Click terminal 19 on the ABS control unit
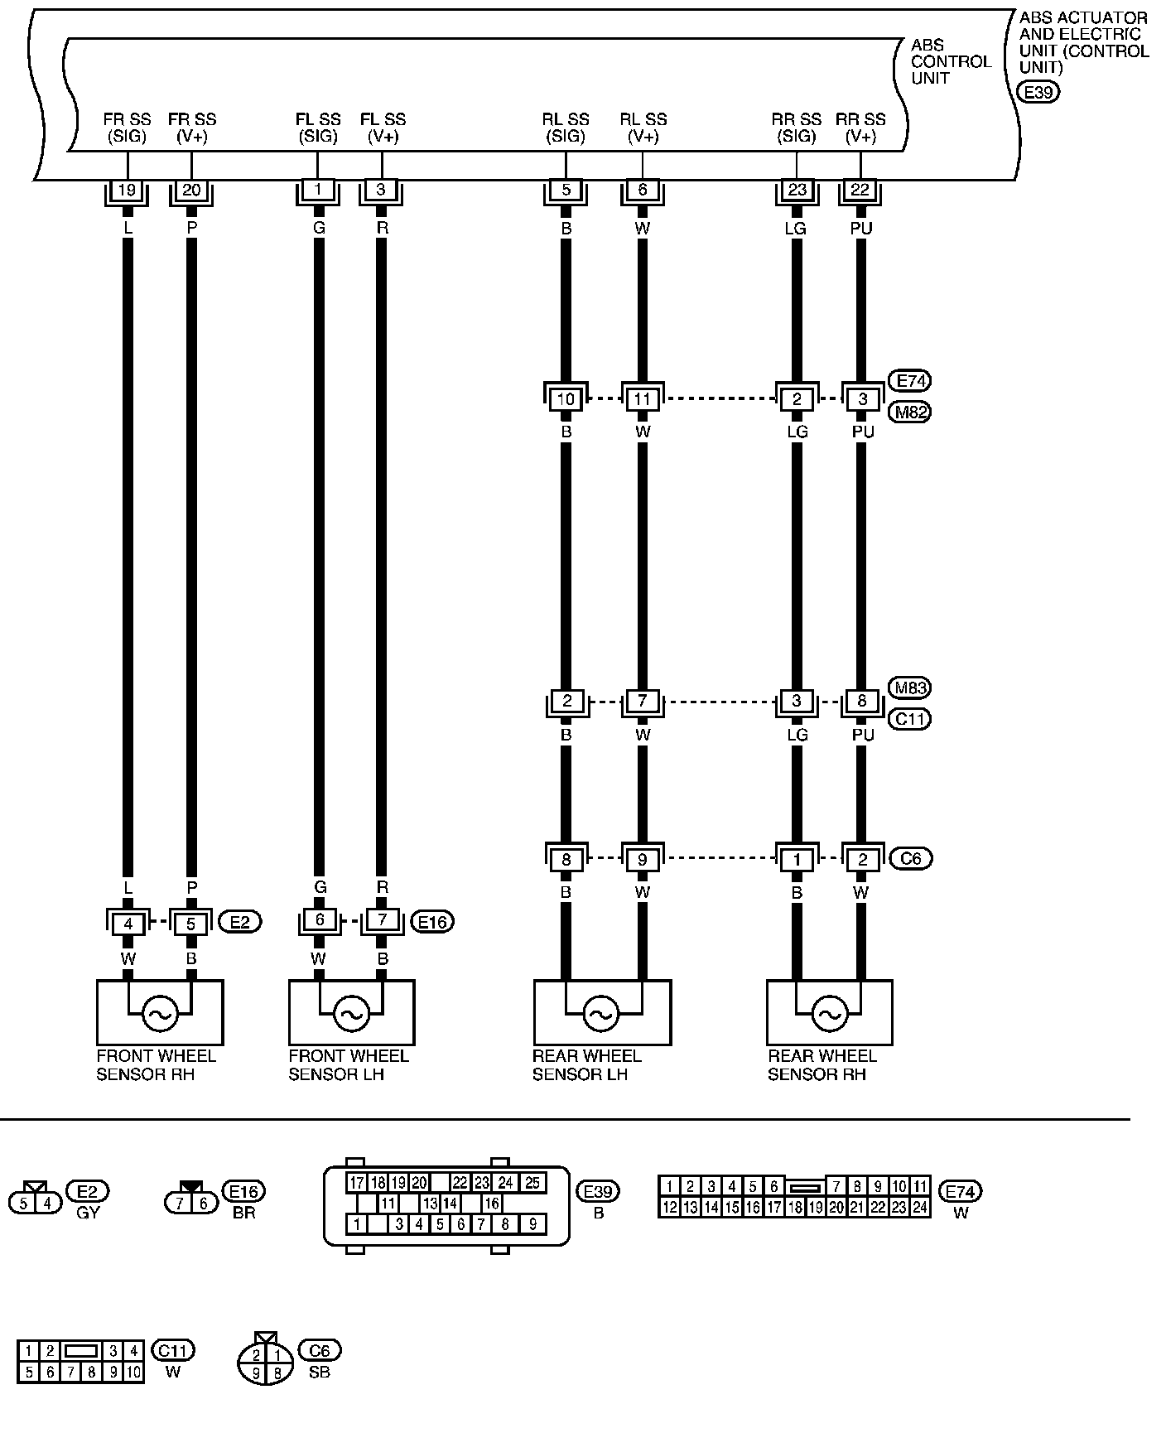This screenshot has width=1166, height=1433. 127,191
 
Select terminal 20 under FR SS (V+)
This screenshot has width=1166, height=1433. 191,191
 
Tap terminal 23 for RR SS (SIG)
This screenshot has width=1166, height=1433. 797,191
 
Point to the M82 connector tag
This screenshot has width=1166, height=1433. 909,412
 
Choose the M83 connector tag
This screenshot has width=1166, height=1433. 909,688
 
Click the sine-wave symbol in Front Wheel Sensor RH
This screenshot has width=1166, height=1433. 159,1012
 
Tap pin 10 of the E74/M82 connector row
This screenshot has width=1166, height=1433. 566,399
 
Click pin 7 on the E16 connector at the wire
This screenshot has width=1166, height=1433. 382,920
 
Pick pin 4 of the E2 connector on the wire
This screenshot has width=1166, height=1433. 128,922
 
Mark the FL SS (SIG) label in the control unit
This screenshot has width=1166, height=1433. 318,128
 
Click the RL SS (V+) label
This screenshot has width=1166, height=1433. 643,128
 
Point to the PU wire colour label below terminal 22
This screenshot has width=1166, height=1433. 861,228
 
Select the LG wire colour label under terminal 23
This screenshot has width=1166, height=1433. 796,228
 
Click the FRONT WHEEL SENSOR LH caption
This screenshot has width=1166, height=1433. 348,1065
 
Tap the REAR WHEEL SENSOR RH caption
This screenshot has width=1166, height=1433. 821,1065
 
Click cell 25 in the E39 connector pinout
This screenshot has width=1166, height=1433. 532,1183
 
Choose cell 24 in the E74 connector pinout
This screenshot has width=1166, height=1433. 919,1208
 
